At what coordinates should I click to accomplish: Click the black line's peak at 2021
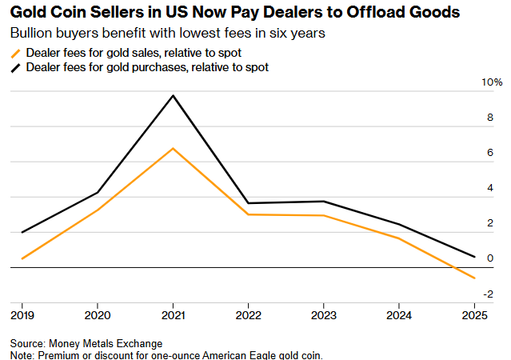173,96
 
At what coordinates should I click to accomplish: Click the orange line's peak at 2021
173,149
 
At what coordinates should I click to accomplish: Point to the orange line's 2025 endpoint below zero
476,278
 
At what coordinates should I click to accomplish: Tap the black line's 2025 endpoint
476,257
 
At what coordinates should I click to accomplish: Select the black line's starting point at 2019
22,232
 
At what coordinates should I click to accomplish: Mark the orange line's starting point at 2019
22,258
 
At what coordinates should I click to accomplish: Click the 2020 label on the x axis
97,314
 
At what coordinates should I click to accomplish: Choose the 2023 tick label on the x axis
325,314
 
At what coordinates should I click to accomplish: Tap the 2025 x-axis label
476,314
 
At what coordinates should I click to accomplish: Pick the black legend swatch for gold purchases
16,69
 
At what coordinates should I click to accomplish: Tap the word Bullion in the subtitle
30,35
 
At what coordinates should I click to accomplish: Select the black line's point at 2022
249,203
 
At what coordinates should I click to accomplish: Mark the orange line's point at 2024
400,238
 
